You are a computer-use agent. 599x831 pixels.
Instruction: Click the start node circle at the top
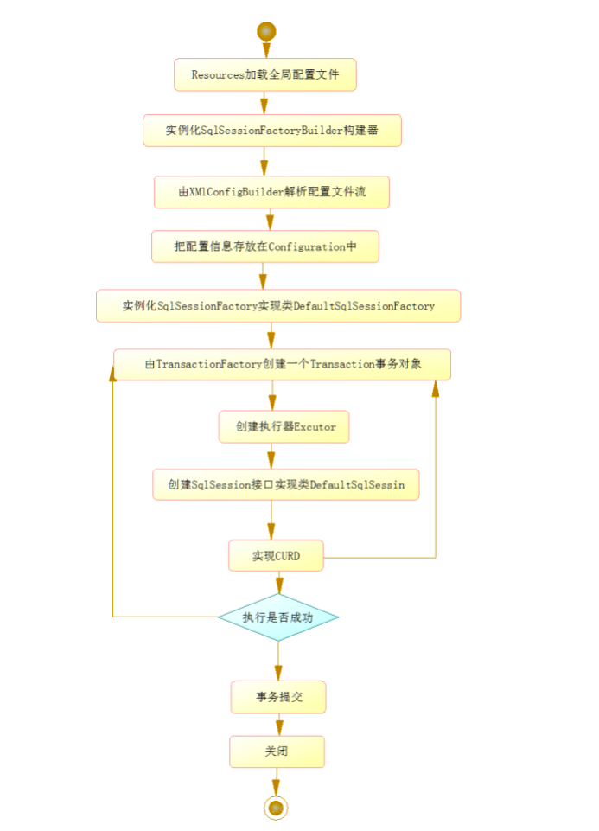265,31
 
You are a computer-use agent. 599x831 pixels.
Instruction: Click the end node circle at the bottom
276,808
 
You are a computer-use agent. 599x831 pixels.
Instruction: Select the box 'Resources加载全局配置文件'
265,75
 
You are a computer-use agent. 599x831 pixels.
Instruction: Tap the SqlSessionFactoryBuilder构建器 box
272,131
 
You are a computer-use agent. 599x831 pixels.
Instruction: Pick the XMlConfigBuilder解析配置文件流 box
271,192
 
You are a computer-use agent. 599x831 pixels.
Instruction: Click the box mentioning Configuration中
265,246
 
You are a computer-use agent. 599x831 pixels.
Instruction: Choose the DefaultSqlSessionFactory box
277,306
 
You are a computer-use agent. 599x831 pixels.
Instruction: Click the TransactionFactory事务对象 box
283,365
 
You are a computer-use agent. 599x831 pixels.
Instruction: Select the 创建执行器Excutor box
284,427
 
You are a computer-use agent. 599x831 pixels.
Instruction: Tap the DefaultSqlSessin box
285,485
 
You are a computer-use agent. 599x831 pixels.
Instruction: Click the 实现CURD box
276,556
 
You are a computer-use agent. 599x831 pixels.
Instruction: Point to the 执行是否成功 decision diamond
277,617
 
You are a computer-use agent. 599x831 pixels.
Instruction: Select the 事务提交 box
278,697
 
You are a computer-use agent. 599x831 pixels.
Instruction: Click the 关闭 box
277,752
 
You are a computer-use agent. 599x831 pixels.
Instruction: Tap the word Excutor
315,427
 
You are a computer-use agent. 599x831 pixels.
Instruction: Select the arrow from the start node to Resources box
265,49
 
